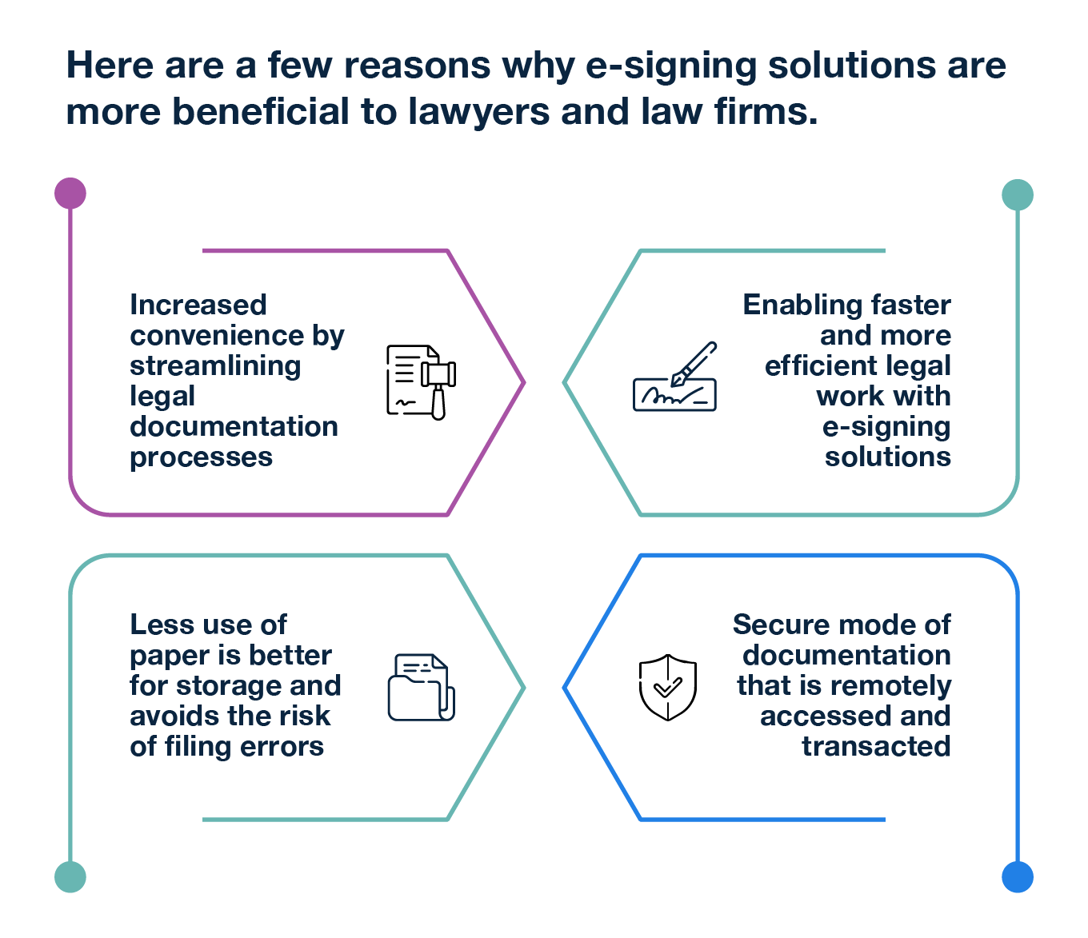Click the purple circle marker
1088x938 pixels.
point(70,194)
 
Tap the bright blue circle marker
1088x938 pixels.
point(1018,876)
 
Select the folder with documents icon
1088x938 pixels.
point(422,688)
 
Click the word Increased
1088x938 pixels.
point(198,305)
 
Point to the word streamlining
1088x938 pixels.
point(215,365)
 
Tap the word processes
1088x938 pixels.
point(201,457)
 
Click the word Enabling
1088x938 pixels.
point(790,305)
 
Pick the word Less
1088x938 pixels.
point(157,625)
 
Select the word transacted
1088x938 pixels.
point(877,746)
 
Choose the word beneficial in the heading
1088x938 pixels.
point(261,112)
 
